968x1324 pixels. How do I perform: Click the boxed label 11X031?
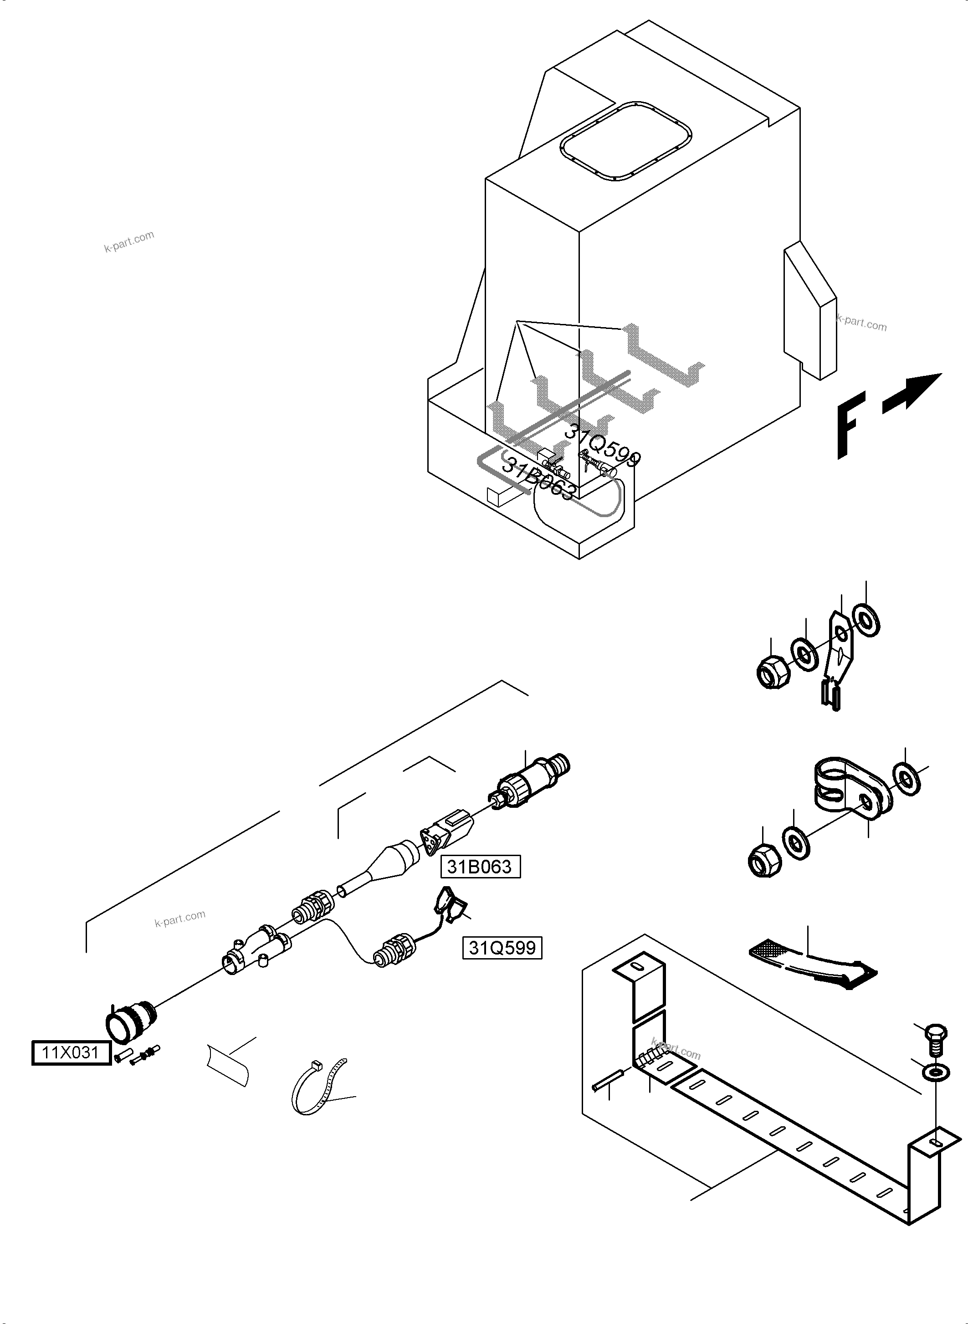(x=71, y=1053)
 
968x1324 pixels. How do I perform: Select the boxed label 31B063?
(x=480, y=866)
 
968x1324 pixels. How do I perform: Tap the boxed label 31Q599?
(x=502, y=948)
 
